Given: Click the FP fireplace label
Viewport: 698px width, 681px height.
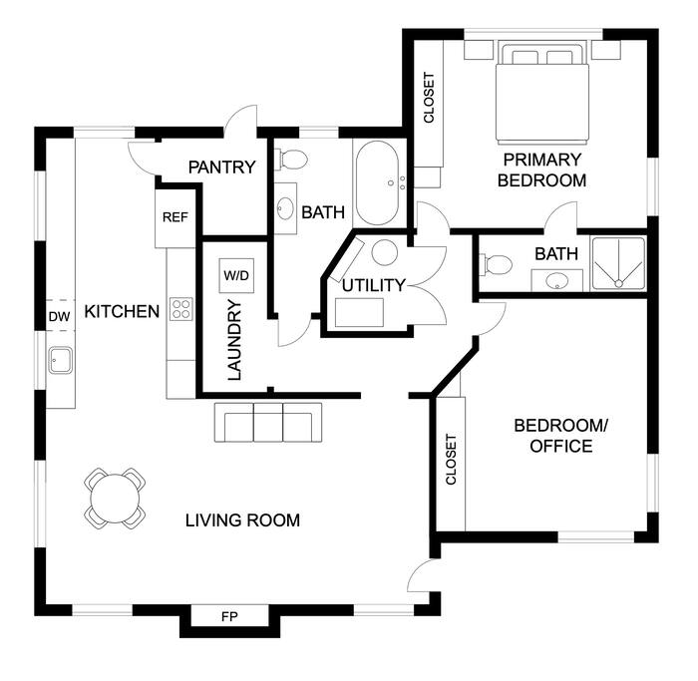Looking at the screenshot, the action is coord(229,616).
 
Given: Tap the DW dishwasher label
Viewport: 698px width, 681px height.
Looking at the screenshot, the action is coord(59,316).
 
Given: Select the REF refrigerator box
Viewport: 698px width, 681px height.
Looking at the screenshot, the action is coord(174,218).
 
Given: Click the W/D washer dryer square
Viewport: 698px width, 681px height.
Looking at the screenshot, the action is coord(236,275).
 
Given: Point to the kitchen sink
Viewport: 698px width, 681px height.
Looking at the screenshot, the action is coord(61,360).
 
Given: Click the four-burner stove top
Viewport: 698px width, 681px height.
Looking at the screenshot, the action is coord(181,309).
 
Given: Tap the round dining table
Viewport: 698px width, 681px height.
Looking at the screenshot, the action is coord(115,499).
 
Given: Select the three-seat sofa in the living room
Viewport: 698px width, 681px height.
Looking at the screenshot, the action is coord(268,423).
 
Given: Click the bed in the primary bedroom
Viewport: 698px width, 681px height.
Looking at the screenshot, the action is coord(542,93).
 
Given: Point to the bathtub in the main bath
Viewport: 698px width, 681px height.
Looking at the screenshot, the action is coord(378,182).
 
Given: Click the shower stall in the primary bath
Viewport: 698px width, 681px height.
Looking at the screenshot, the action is coord(618,264).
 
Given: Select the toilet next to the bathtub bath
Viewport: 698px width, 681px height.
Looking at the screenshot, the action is coord(291,160).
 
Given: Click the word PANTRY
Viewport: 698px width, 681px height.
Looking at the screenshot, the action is coord(221,168).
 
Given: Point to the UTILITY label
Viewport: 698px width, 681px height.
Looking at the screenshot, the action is coord(374,285).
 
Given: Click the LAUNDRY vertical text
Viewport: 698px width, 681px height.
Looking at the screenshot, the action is coord(234,341).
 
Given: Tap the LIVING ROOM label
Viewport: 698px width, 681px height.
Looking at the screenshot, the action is coord(242,520).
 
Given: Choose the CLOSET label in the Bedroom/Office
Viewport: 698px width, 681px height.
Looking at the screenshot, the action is coord(451,460).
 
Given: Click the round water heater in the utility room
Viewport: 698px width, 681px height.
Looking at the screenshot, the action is coord(385,252).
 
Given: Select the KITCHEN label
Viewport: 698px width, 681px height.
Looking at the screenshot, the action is coord(122,311).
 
